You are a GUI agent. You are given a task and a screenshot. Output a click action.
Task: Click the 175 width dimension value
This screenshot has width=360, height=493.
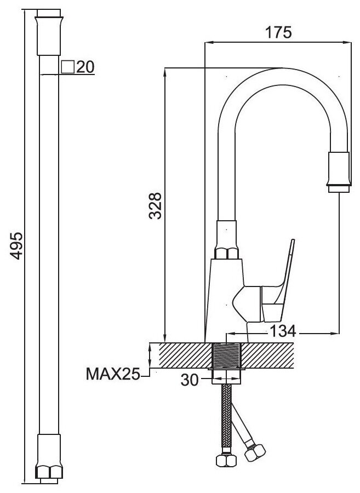[x=277, y=32]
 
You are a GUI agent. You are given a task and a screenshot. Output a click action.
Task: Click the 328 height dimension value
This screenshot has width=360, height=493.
[x=156, y=205]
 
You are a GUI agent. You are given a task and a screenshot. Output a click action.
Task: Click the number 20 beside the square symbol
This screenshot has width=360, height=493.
[x=85, y=67]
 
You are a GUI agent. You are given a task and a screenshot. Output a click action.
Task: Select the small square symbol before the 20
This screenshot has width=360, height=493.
[x=68, y=67]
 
